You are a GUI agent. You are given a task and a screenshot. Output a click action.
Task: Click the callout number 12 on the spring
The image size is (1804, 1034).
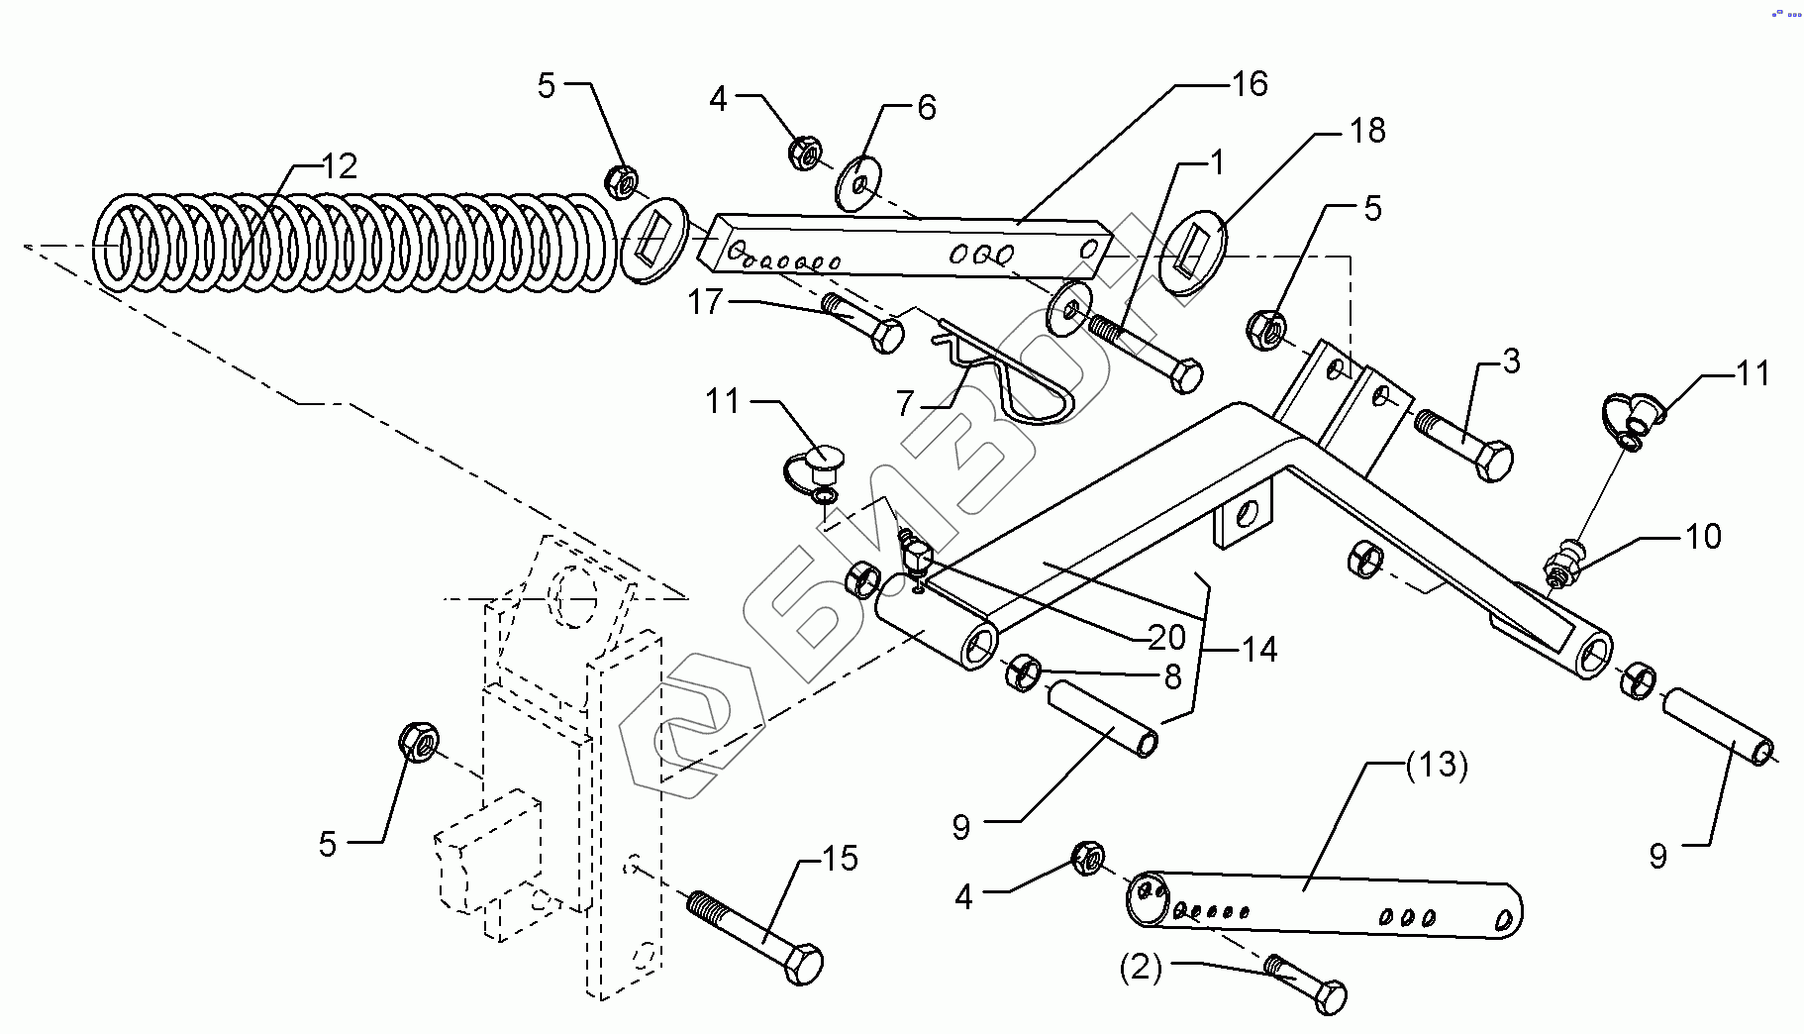[339, 165]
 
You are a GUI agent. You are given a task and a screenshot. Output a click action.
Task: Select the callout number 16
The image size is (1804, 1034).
[1250, 84]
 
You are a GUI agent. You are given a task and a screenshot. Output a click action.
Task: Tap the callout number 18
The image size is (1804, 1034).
[1367, 130]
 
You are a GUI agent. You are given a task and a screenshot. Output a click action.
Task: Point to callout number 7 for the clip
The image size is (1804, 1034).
[905, 403]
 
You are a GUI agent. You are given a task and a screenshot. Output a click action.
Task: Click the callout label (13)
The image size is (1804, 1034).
[1437, 766]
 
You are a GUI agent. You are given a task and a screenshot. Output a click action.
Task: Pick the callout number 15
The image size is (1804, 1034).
[840, 858]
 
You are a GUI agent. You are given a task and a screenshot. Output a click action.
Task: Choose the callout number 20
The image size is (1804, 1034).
[1166, 637]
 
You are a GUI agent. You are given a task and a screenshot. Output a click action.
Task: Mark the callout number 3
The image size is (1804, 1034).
[1511, 362]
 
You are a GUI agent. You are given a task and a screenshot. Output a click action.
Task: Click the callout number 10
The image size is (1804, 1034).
[1703, 537]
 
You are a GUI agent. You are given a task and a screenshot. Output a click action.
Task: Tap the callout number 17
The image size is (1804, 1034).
[705, 301]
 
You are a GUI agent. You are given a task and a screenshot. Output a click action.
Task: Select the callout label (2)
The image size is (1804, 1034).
[1141, 967]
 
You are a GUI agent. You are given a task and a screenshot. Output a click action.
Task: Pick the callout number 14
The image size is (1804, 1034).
[1259, 650]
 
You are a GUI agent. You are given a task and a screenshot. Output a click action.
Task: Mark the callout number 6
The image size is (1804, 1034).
[926, 107]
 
